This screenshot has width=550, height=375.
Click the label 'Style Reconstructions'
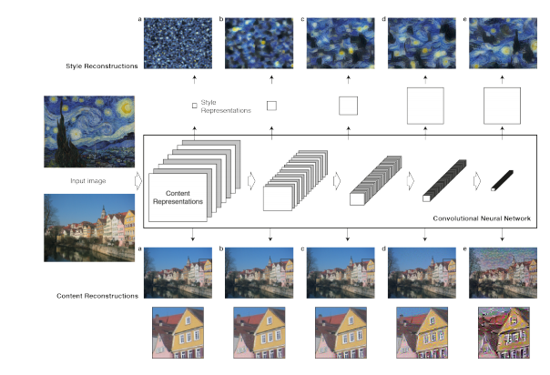(x=102, y=66)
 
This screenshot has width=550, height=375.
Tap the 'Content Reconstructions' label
(x=97, y=296)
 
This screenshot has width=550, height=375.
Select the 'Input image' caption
(x=88, y=181)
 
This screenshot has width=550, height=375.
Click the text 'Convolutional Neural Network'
(x=482, y=218)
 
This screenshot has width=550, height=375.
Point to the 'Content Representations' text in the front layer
(x=178, y=198)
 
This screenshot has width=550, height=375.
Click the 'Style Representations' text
(x=226, y=106)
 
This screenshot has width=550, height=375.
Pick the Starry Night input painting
(x=89, y=131)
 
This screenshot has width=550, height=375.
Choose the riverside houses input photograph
(x=89, y=228)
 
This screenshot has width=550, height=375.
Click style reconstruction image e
(x=503, y=43)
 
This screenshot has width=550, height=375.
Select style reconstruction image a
(x=178, y=43)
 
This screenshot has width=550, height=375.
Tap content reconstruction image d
(x=422, y=273)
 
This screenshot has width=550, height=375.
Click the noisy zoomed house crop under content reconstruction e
(x=504, y=332)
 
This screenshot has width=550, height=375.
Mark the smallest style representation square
(x=195, y=106)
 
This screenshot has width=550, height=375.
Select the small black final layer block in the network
(x=502, y=180)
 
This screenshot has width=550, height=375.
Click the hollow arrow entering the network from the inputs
(x=138, y=181)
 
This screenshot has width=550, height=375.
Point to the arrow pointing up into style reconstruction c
(x=349, y=79)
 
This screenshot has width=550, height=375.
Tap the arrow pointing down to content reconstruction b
(x=270, y=235)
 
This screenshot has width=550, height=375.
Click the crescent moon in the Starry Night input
(x=127, y=107)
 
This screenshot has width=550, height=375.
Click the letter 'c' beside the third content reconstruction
(x=302, y=248)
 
